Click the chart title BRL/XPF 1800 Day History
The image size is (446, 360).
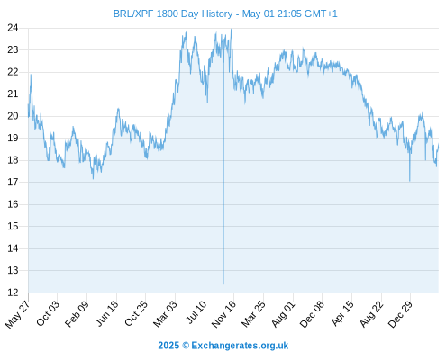tap(173, 13)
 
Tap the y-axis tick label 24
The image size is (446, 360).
tap(13, 28)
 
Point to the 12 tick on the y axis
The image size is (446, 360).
tap(13, 292)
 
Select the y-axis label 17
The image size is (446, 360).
tap(13, 182)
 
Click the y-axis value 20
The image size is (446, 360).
tap(13, 116)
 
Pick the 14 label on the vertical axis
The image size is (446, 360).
tap(13, 248)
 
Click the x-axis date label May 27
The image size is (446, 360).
tap(17, 314)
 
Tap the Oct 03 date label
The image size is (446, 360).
tap(48, 313)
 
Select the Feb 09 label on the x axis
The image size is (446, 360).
tap(77, 313)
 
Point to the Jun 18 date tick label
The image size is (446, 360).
tap(106, 313)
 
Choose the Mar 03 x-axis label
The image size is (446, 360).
tap(165, 313)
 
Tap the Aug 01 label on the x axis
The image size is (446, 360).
tap(283, 313)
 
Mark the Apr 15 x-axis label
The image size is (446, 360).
tap(341, 313)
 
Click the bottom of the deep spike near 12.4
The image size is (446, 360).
tap(223, 283)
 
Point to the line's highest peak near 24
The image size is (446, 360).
tap(232, 29)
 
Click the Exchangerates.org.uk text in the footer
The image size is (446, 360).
tap(240, 346)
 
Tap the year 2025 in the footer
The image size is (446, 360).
tap(168, 346)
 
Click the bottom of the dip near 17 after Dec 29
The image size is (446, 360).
tap(410, 181)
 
